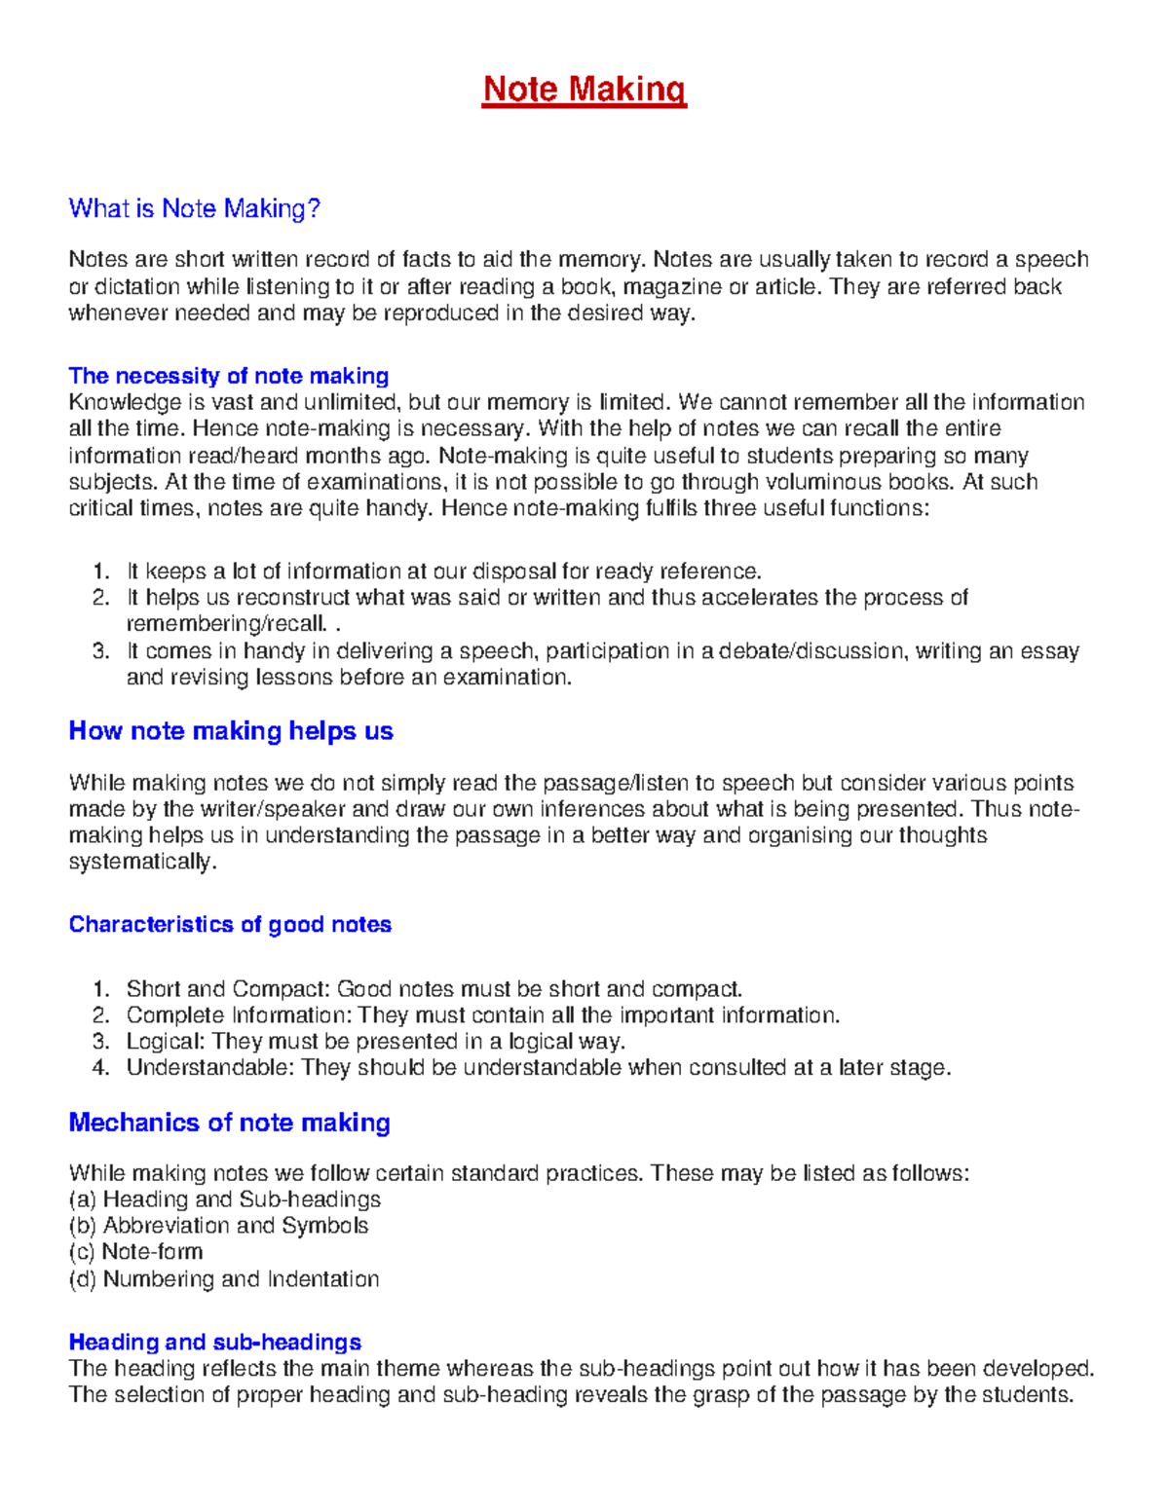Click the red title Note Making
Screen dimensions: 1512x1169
584,90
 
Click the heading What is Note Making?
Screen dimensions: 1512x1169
194,208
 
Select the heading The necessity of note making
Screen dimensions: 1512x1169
229,376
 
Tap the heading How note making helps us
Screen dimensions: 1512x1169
231,731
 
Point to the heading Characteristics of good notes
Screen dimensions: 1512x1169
230,924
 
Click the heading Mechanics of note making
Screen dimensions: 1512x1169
229,1123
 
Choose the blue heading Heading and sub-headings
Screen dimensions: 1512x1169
214,1342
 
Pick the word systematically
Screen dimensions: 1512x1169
140,862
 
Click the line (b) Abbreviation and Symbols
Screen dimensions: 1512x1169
218,1226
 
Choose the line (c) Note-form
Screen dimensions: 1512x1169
135,1252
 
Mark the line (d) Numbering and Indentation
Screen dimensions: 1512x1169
223,1279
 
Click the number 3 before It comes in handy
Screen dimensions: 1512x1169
100,650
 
